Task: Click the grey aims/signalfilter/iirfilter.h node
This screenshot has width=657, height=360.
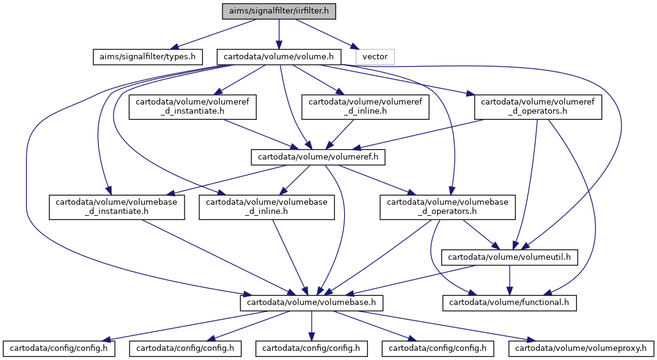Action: point(279,11)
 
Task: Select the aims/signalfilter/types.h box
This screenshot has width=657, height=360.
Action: point(147,57)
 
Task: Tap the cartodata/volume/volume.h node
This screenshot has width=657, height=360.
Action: point(279,57)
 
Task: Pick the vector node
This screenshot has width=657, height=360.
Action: point(375,57)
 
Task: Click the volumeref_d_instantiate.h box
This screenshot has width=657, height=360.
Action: point(193,107)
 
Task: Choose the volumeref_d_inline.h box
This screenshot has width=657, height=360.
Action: point(365,107)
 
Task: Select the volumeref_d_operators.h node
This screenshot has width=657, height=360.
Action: point(538,107)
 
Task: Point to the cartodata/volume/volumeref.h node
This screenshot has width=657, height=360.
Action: point(318,157)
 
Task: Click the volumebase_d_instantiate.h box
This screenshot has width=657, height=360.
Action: point(117,207)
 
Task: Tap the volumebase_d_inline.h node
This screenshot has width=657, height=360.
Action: point(266,207)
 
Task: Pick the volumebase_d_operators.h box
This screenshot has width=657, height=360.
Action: point(447,207)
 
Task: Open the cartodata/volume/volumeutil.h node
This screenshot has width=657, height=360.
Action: point(509,257)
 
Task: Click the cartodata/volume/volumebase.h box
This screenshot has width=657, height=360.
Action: point(311,303)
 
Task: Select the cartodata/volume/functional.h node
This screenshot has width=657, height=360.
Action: point(509,303)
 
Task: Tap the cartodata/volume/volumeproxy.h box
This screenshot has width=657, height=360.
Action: point(581,348)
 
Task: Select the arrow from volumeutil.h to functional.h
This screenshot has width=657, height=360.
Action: point(509,280)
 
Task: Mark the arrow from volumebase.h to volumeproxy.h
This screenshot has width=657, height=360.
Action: point(447,326)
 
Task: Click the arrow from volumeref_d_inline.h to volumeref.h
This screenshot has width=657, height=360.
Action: point(340,134)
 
